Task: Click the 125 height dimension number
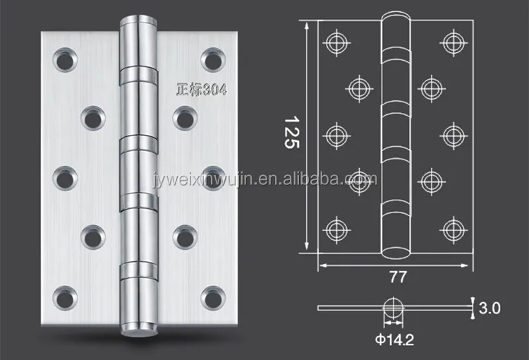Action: coord(292,133)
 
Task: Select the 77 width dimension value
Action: coord(398,277)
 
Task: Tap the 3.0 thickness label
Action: coord(490,308)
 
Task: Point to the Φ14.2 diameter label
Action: coord(394,340)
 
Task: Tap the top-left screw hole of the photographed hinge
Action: coord(65,60)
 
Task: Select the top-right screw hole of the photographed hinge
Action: coord(213,60)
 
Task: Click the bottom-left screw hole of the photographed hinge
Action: coord(65,298)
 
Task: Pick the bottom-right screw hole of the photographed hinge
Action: coord(213,298)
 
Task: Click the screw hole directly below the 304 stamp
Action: coord(186,118)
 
